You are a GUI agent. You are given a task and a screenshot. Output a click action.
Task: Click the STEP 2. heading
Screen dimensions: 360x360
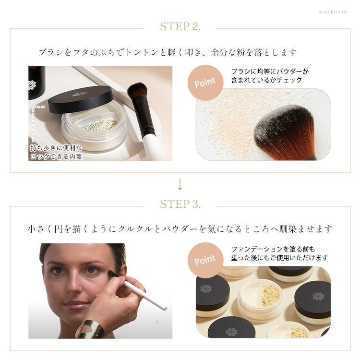(180, 26)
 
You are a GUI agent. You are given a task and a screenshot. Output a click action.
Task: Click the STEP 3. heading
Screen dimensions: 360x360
(180, 204)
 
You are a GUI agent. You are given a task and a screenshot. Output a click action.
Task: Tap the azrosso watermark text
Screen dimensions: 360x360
(333, 12)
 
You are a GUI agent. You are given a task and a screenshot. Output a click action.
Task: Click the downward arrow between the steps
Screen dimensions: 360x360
(180, 184)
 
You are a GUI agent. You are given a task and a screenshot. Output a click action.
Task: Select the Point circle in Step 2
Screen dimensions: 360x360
(205, 83)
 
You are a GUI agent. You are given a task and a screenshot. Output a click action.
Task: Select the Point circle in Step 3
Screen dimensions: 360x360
(205, 260)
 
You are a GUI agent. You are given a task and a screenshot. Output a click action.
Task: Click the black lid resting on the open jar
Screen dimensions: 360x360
(81, 99)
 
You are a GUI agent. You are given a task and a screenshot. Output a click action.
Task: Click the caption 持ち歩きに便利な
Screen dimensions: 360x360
(56, 148)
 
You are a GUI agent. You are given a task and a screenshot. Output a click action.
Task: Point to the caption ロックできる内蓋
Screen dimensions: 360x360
(56, 156)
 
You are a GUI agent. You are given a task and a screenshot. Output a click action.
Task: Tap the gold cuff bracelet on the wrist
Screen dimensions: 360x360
(90, 329)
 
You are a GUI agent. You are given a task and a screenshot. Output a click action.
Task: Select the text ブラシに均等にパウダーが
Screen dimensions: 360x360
(270, 72)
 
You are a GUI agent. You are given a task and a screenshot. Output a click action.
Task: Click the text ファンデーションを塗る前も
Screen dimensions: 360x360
(273, 249)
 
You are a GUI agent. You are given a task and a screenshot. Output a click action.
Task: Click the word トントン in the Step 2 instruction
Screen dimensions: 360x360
(142, 53)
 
